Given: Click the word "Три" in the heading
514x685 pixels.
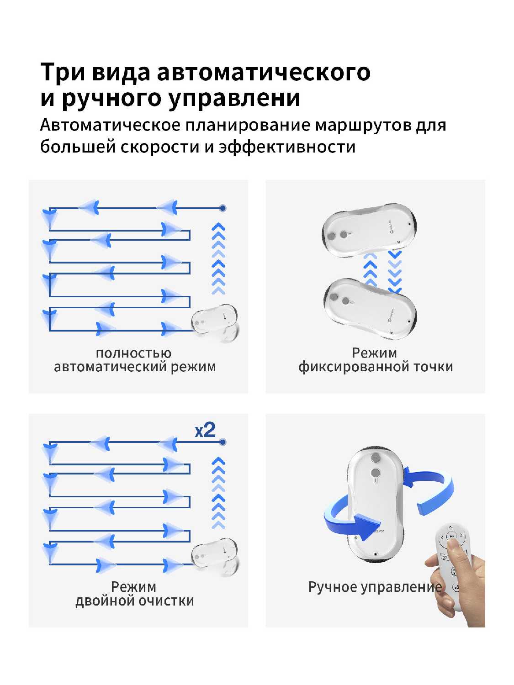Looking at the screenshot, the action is point(63,72).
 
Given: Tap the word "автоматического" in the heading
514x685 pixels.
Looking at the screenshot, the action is point(264,73).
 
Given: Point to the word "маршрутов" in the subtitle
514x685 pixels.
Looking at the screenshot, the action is point(363,126).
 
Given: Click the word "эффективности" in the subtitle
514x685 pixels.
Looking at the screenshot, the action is point(287,147).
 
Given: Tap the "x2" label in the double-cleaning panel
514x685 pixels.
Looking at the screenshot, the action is point(205,430).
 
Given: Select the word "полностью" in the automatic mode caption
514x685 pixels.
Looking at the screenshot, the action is point(133,353).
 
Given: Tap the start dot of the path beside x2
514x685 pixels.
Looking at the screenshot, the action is point(222,442).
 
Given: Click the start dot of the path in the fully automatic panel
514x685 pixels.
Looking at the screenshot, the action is point(222,208).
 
